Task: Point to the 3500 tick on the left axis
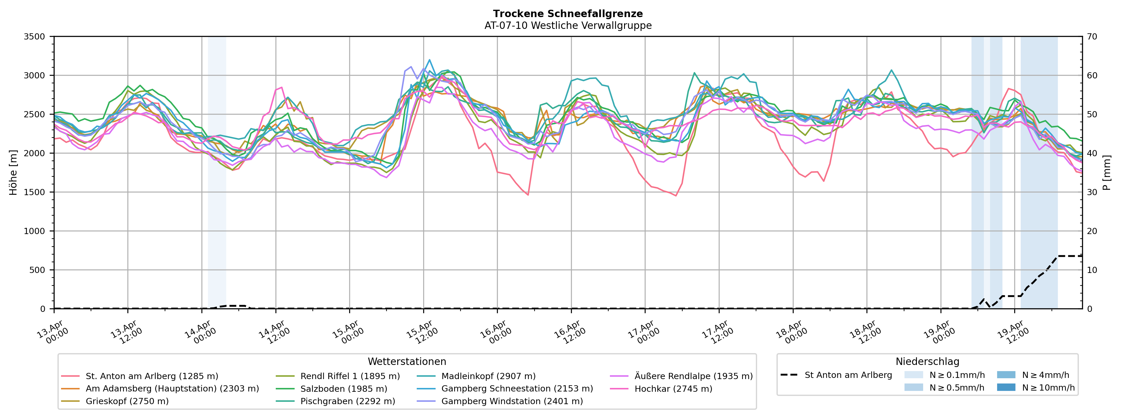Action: [x=35, y=37]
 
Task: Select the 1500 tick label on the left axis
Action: [x=35, y=192]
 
